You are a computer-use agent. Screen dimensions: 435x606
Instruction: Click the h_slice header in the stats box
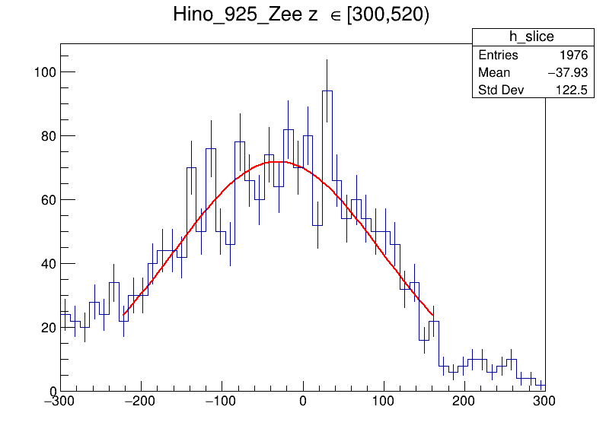click(x=531, y=37)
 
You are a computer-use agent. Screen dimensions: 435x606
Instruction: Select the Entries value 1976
click(x=572, y=56)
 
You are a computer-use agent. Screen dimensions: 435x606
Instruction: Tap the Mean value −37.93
click(x=567, y=73)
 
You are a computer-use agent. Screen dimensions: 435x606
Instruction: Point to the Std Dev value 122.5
click(x=572, y=91)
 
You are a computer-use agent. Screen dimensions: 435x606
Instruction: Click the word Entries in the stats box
click(x=498, y=56)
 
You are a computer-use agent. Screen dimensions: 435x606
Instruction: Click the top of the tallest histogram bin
click(x=327, y=90)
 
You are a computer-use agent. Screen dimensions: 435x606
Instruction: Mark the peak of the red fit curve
click(x=279, y=161)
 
